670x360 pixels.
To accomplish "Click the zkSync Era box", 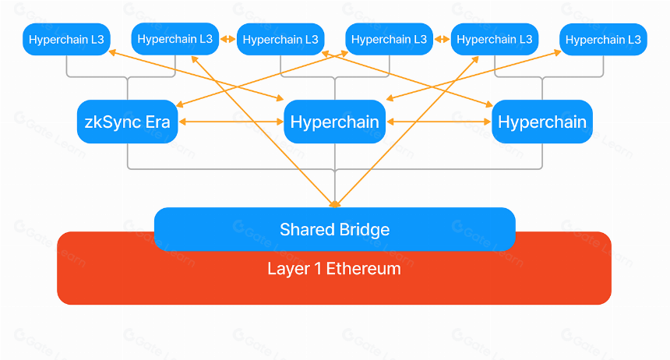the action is coord(127,122).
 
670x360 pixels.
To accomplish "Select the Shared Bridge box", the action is coord(334,229).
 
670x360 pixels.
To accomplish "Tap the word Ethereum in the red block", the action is coord(364,269).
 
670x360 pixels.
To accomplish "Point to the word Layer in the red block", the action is coord(288,270).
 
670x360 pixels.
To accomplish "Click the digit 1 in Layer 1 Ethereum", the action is coord(318,269).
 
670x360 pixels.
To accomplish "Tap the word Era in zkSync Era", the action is coord(157,122).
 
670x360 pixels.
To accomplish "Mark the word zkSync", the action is coord(113,122).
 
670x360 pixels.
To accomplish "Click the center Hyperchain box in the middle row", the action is coord(334,122).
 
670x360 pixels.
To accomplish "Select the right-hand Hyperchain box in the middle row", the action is coord(542,122).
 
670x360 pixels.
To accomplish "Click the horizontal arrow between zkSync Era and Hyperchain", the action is coord(231,122).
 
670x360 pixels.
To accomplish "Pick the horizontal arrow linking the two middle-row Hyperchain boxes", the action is coord(439,122).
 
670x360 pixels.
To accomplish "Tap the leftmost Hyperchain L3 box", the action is coord(66,39).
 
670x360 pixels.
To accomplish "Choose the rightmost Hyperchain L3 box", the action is coord(603,39).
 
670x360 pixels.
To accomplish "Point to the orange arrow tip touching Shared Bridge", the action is coord(334,205).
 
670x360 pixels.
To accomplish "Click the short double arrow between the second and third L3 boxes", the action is coord(227,39).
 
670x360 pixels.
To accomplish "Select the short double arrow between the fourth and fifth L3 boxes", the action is coord(442,39).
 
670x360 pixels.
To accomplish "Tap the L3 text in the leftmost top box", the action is coord(97,40).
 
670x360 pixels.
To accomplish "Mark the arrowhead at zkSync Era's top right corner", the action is coord(180,104).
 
